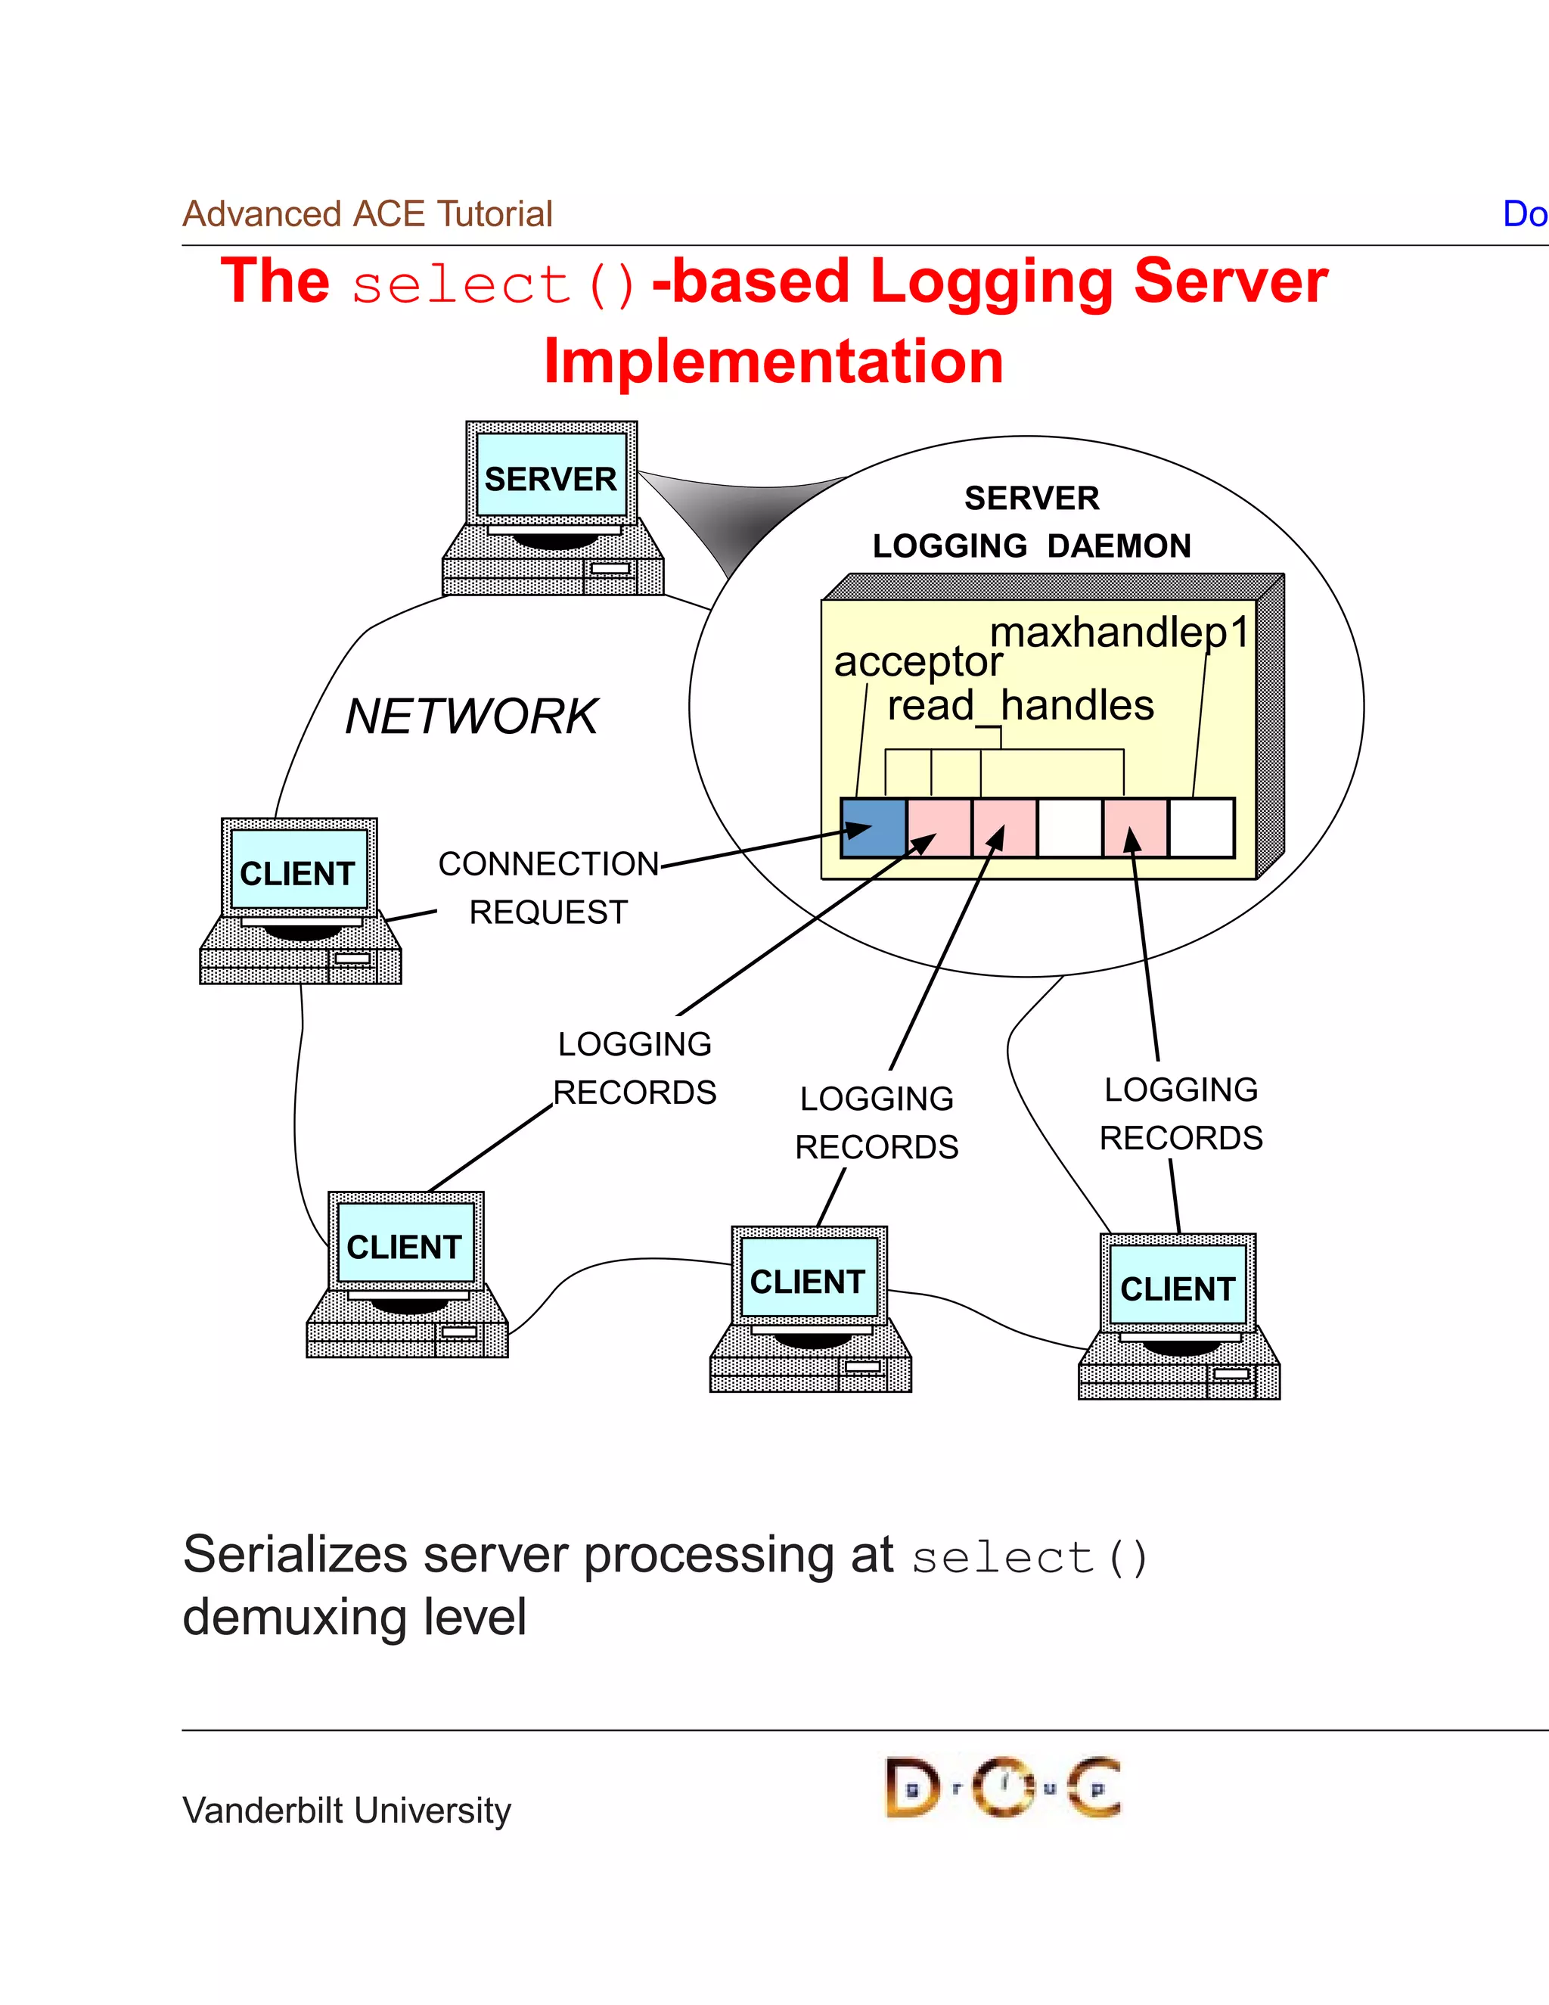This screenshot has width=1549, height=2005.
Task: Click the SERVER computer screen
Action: pyautogui.click(x=551, y=477)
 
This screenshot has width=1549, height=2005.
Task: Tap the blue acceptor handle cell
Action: pyautogui.click(x=873, y=828)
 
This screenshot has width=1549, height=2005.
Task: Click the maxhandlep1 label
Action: pyautogui.click(x=1119, y=633)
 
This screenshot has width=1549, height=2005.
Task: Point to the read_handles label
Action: pyautogui.click(x=1020, y=706)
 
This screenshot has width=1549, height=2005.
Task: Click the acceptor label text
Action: pyautogui.click(x=917, y=662)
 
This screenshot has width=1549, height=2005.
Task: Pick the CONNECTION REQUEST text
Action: pyautogui.click(x=548, y=887)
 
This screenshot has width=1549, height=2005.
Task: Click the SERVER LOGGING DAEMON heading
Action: pyautogui.click(x=1032, y=521)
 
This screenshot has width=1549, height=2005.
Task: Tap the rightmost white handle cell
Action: pyautogui.click(x=1201, y=828)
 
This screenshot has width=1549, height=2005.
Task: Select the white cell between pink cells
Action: pyautogui.click(x=1070, y=828)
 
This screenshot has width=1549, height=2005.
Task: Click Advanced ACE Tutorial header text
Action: pyautogui.click(x=367, y=214)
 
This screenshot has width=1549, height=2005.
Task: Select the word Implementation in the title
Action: pyautogui.click(x=773, y=361)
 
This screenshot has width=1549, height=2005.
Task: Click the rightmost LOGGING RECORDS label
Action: pyautogui.click(x=1180, y=1114)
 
